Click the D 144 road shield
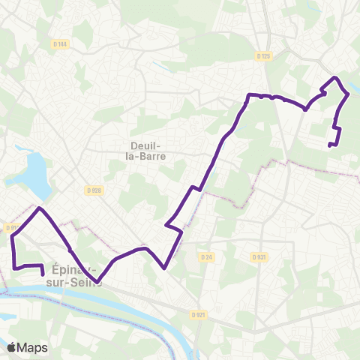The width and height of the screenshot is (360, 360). point(61,44)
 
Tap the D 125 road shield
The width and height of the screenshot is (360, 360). point(262,55)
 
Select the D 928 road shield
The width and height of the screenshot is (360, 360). point(92,190)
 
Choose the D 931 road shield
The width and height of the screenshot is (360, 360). point(259,257)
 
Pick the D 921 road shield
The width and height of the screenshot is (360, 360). point(198,315)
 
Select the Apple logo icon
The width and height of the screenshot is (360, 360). point(13,347)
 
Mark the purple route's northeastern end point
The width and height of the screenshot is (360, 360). point(330,145)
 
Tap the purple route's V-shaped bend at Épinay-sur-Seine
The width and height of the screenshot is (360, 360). point(99,283)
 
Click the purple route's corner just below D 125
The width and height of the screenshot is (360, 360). point(249,94)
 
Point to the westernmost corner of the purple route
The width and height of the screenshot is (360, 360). point(13,237)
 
